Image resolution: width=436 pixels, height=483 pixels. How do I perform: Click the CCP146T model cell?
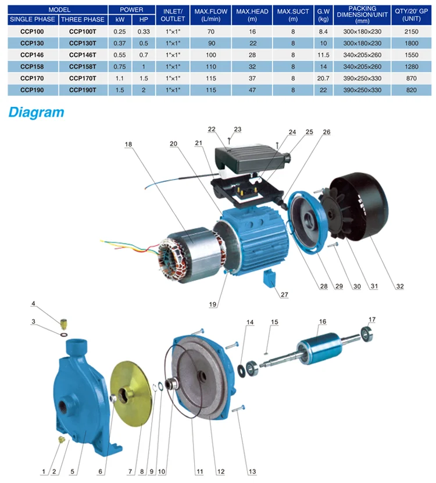click(83, 55)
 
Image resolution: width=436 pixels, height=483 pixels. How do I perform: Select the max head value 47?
click(252, 90)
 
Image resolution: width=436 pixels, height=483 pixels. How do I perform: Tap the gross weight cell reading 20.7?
click(323, 78)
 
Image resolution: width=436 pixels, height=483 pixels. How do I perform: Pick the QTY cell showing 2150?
click(412, 32)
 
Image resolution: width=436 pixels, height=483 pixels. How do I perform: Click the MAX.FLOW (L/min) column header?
click(211, 15)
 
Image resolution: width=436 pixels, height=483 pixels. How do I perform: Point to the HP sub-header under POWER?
click(144, 20)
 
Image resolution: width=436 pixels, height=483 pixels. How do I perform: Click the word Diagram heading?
click(37, 112)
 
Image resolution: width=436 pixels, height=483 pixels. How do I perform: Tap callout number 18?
click(128, 144)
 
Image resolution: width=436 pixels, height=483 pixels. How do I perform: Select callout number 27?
click(284, 295)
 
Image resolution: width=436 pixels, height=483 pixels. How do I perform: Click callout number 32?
click(399, 286)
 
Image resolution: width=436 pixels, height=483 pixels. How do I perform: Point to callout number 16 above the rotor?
click(322, 321)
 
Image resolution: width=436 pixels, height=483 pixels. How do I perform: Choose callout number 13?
click(252, 471)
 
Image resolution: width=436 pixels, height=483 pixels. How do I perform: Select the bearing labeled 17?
click(367, 334)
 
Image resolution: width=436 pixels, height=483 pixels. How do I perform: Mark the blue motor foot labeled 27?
click(270, 278)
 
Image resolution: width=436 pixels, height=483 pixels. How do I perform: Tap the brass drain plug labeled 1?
click(61, 439)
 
